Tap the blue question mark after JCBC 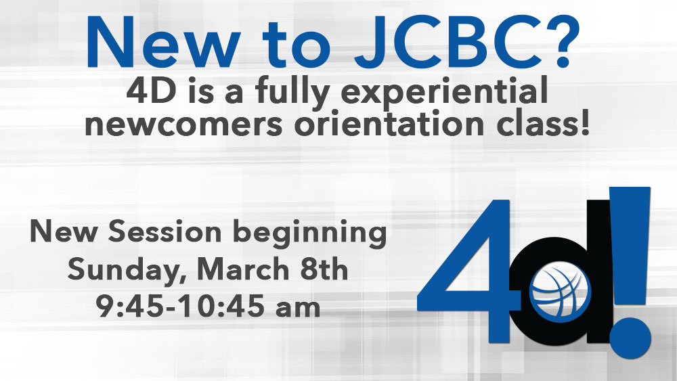[x=559, y=42]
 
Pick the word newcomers [x=183, y=125]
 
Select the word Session [x=165, y=231]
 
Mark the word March [x=242, y=269]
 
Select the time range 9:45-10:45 [x=180, y=307]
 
